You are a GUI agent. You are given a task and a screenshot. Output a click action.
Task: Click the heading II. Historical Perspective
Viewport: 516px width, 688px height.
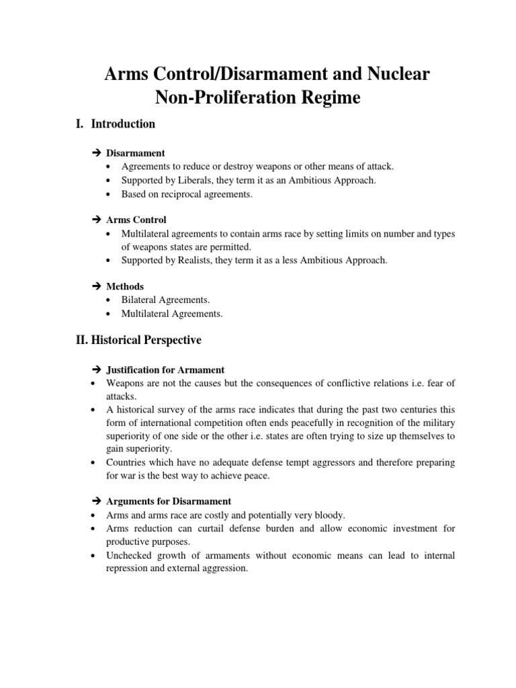point(138,341)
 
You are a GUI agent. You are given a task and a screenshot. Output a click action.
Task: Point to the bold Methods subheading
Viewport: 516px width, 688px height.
point(125,286)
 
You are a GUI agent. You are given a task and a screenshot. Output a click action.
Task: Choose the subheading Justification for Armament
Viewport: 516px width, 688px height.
point(165,370)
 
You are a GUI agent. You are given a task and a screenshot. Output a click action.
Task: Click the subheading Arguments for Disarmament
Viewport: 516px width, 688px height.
point(169,501)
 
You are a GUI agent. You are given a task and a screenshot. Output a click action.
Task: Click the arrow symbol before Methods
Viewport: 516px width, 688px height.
point(95,286)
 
